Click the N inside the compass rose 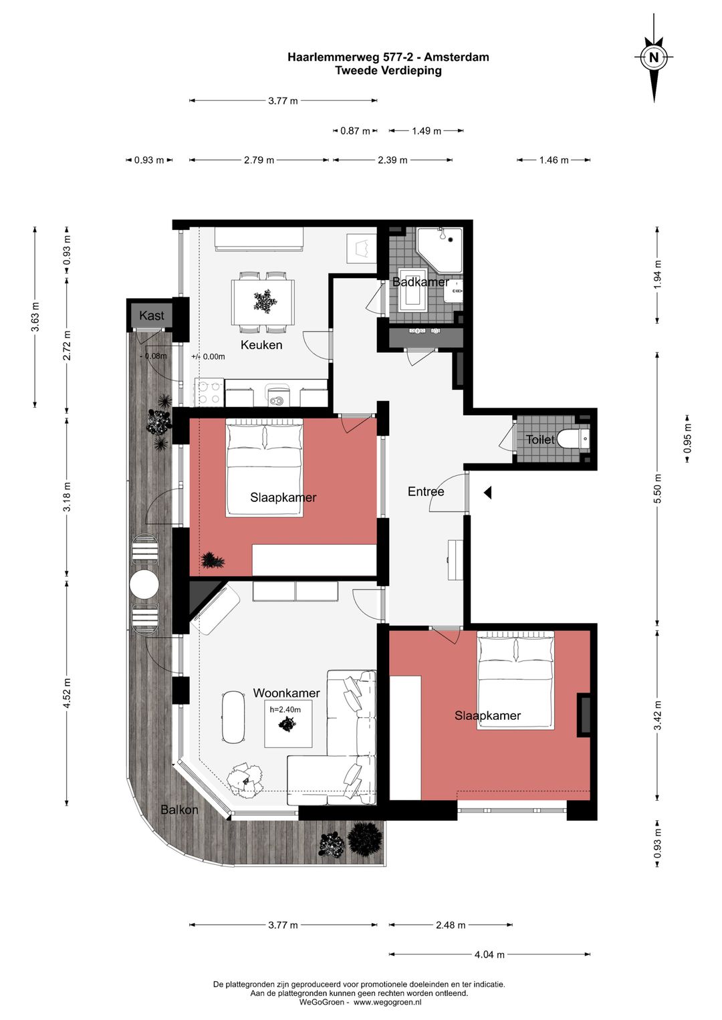coord(654,57)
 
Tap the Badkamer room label coord(420,282)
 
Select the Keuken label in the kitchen coord(261,345)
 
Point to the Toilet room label coord(540,439)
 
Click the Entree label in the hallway coord(426,491)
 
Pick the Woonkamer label coord(287,692)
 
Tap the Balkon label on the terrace coord(179,809)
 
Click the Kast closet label coord(152,315)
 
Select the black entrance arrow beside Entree coord(487,492)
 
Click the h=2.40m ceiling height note coord(285,709)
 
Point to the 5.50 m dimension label coord(657,489)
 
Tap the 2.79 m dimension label coord(259,160)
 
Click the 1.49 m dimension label coord(427,131)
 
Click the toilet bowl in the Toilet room coord(574,439)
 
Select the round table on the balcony coord(144,584)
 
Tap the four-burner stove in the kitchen coord(209,392)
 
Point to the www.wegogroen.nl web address coord(388,1002)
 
